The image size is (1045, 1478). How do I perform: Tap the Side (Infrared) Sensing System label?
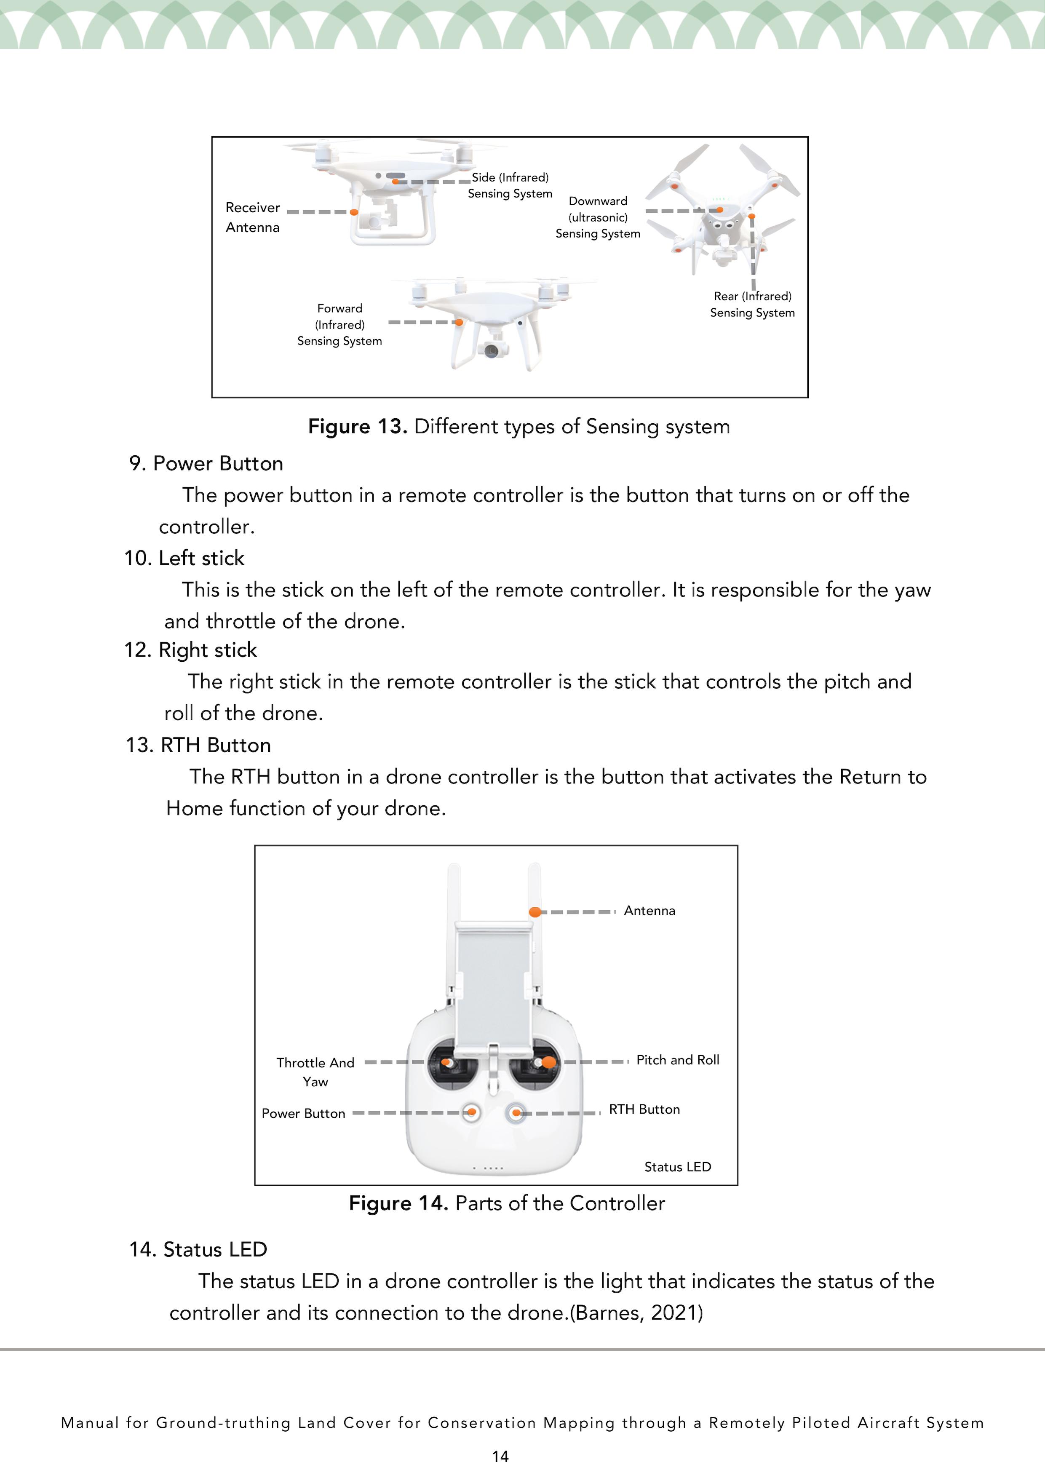click(x=510, y=185)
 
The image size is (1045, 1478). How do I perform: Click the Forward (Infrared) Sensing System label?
click(x=339, y=324)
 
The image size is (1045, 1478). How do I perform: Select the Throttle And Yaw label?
click(x=315, y=1072)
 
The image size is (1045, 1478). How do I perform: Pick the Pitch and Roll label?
click(x=677, y=1060)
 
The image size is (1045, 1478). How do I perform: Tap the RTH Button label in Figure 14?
click(x=644, y=1109)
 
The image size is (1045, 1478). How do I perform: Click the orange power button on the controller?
click(x=472, y=1112)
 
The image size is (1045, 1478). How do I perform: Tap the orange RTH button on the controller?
click(x=516, y=1112)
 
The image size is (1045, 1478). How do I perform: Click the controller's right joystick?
click(x=547, y=1063)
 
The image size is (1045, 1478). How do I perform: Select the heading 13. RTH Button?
click(x=198, y=745)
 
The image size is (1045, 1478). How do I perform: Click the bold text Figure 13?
click(x=357, y=426)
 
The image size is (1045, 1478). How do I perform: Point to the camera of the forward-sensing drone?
click(x=491, y=350)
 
